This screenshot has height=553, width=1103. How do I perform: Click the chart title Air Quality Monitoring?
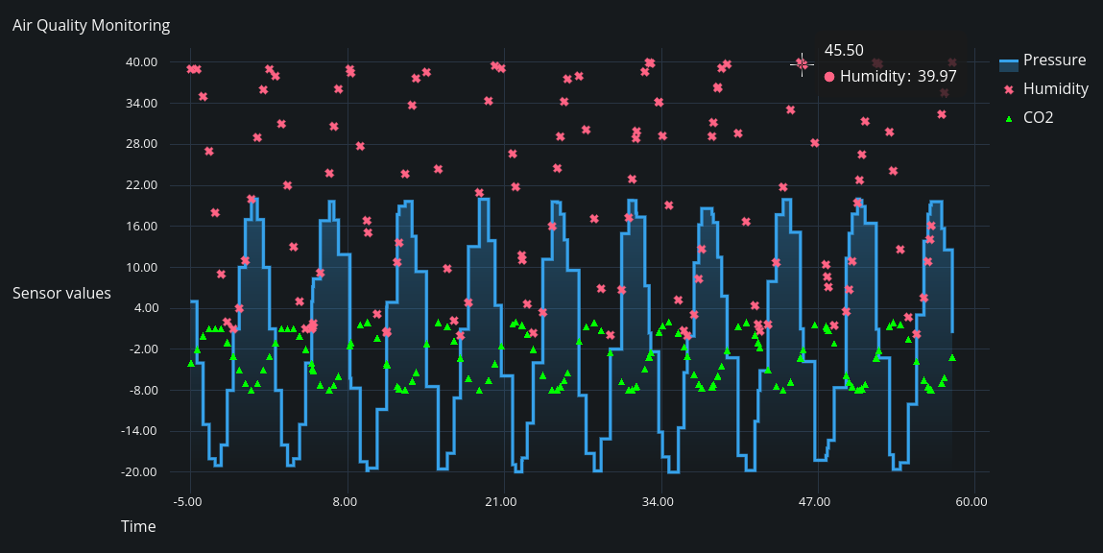91,26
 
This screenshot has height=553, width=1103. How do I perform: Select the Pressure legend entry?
1054,60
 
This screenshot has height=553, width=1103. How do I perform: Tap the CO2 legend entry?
1038,118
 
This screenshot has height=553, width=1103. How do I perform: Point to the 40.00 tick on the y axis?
142,62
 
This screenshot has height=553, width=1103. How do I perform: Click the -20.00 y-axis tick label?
140,472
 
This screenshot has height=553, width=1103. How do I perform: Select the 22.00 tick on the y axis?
142,185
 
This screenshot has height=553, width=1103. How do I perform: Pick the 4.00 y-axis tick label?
145,308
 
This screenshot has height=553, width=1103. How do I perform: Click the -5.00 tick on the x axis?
189,501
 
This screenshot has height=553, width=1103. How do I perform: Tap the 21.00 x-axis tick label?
501,501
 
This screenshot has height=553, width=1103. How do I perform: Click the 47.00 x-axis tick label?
815,501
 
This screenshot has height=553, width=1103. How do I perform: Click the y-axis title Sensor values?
61,293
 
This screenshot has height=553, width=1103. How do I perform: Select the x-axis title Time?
138,526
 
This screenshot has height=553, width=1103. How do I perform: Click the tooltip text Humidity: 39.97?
898,76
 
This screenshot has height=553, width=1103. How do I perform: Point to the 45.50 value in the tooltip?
844,51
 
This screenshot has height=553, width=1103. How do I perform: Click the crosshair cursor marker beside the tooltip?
802,63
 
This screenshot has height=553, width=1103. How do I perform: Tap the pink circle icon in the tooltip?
829,76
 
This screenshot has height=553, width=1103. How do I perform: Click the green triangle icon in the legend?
1008,118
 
